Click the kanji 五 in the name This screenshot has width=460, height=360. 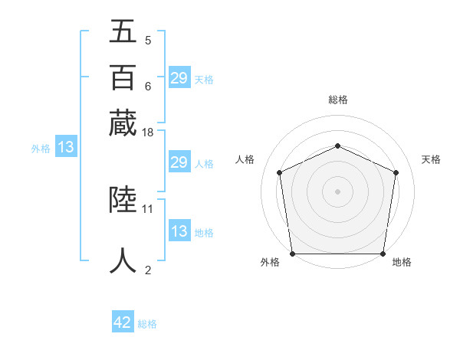point(123,32)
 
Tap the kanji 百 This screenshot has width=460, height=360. point(123,77)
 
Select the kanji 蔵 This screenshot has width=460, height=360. point(123,123)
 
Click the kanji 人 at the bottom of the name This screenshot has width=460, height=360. point(123,260)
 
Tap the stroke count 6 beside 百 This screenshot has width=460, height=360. point(147,86)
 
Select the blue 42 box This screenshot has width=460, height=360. point(123,322)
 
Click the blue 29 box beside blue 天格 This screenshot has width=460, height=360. point(179,78)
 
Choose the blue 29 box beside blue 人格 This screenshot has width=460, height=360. point(179,162)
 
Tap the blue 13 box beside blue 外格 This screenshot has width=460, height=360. point(65,147)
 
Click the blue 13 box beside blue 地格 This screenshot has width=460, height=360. point(179,231)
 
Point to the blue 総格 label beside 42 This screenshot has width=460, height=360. point(147,324)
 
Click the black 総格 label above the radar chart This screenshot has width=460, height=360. point(337,100)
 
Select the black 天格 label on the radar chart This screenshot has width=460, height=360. point(431,159)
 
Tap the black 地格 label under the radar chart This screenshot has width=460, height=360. point(402,262)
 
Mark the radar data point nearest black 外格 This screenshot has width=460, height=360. point(293,254)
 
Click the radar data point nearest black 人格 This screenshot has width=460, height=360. point(279,172)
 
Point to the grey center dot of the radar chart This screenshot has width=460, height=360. point(337,191)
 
